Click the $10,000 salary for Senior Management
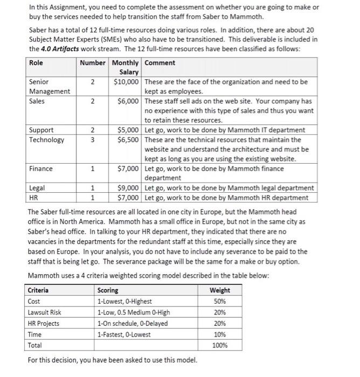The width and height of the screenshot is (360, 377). pos(128,82)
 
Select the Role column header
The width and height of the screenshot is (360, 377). pos(36,63)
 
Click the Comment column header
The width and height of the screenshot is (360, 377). pos(160,63)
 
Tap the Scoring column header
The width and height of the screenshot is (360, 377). pos(108,290)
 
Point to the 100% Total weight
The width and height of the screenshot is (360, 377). pos(219,345)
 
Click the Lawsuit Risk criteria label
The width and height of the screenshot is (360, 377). pos(44,312)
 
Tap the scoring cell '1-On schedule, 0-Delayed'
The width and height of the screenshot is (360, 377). pos(132,324)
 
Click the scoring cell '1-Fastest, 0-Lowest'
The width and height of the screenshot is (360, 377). pos(124,334)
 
